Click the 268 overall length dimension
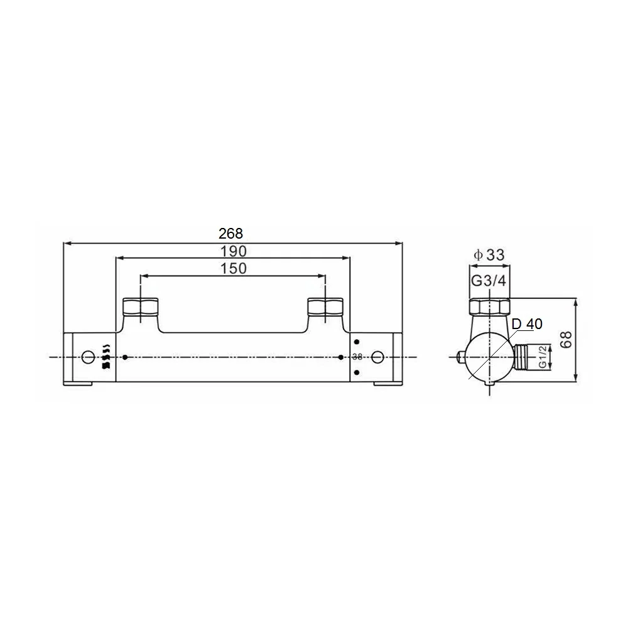click(x=230, y=233)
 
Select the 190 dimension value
click(x=234, y=252)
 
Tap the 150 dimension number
click(x=234, y=268)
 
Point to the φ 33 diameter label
click(x=489, y=255)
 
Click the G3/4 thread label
click(x=489, y=281)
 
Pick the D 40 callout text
click(x=527, y=323)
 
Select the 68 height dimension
click(x=566, y=340)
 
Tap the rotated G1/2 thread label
click(x=543, y=357)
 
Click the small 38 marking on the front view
click(x=357, y=357)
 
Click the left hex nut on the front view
click(x=140, y=306)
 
